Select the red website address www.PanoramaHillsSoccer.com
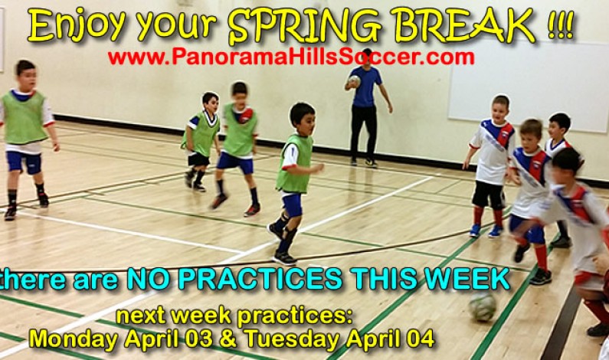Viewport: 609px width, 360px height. tap(290, 57)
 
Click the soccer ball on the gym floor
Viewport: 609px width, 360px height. tap(482, 307)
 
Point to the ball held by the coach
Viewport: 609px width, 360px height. tap(353, 80)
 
